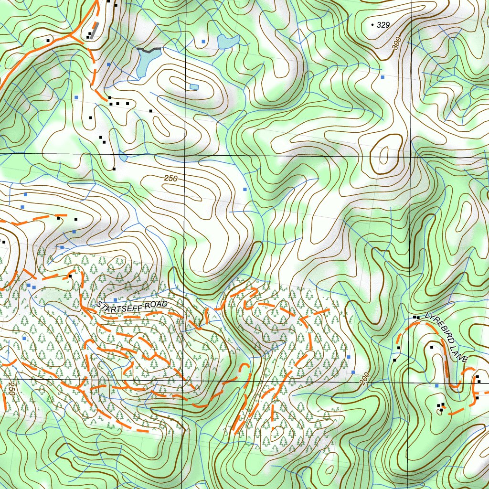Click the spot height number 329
pyautogui.click(x=383, y=25)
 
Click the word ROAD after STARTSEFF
pyautogui.click(x=157, y=304)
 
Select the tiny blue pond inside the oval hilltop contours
pyautogui.click(x=193, y=86)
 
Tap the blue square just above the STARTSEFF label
pyautogui.click(x=115, y=299)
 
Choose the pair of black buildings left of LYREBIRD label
pyautogui.click(x=416, y=317)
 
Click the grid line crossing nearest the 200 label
pyautogui.click(x=409, y=382)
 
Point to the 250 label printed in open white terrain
pyautogui.click(x=170, y=178)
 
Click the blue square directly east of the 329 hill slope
pyautogui.click(x=382, y=76)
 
